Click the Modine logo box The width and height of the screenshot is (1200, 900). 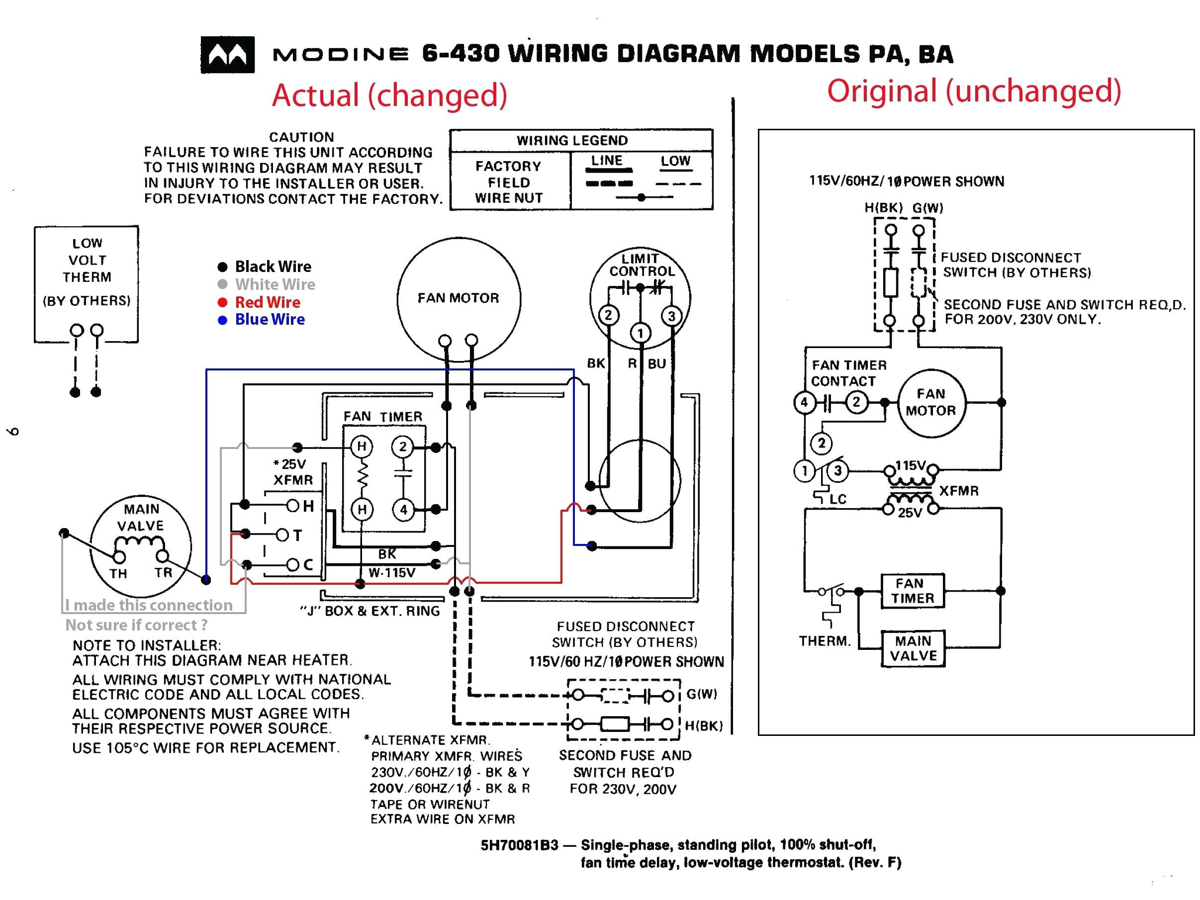[x=227, y=55]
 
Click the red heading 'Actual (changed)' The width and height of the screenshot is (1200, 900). [x=389, y=95]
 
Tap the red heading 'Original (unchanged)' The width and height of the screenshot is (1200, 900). [x=974, y=90]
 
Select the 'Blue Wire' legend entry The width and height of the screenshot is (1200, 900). [x=269, y=320]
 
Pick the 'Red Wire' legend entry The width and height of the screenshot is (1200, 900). [x=267, y=302]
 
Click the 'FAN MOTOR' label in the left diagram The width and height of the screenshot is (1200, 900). [x=458, y=298]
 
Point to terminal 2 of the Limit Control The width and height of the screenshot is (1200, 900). [x=608, y=315]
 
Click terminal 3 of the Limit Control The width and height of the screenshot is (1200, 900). [x=671, y=316]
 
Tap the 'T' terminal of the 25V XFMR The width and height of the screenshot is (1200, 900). [x=282, y=536]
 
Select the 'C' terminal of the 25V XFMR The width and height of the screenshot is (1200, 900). [x=292, y=565]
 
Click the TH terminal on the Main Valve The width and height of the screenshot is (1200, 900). [x=119, y=557]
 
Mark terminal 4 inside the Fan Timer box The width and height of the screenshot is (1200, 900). [x=403, y=510]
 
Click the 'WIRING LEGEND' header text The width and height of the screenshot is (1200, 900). [x=572, y=141]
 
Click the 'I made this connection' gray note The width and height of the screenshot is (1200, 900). [x=149, y=605]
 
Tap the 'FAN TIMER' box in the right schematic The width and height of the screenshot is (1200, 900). [x=913, y=591]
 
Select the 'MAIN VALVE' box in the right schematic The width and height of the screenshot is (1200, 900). [x=913, y=648]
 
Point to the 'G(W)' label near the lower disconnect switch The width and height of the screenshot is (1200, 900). [x=701, y=694]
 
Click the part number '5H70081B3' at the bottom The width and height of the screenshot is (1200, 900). [x=519, y=845]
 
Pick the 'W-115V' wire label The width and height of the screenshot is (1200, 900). [x=392, y=572]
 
